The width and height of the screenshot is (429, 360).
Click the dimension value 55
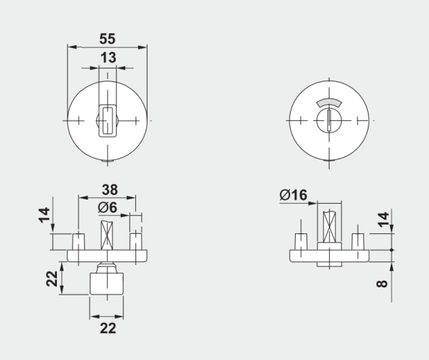click(x=107, y=39)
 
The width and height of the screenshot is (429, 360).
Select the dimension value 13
click(x=109, y=58)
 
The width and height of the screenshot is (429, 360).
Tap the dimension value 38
click(x=110, y=189)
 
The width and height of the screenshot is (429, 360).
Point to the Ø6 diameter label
click(x=107, y=207)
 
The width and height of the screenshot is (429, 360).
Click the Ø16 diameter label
click(x=293, y=195)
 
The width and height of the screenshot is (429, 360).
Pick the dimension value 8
click(x=382, y=284)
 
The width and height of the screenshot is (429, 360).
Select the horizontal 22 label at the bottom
click(x=108, y=328)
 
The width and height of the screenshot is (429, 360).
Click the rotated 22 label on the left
click(x=52, y=279)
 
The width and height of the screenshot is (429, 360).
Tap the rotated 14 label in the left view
click(x=44, y=215)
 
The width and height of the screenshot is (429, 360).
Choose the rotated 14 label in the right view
click(x=384, y=219)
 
